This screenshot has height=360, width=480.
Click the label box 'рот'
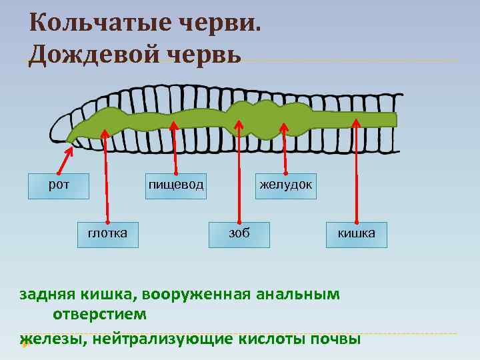[x=58, y=186]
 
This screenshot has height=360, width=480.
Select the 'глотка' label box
[x=107, y=234]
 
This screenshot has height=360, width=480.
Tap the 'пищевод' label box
[x=176, y=186]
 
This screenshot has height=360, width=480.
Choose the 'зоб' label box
[x=239, y=234]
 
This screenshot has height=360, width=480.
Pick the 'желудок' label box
[x=285, y=186]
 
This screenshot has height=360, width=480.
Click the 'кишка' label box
[x=356, y=234]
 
